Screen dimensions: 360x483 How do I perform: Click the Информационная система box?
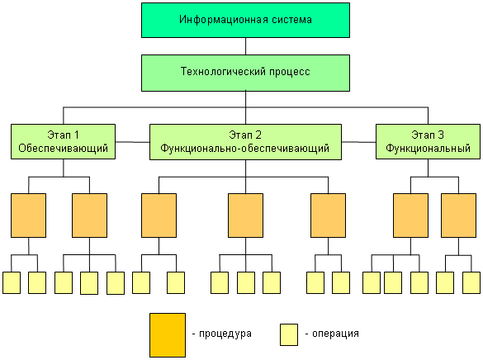click(x=244, y=20)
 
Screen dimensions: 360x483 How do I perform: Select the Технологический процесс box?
click(x=244, y=73)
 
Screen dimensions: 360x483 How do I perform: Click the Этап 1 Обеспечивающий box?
click(x=63, y=142)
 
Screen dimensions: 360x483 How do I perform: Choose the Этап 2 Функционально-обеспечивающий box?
click(x=244, y=142)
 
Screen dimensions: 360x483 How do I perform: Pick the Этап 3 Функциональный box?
click(x=428, y=142)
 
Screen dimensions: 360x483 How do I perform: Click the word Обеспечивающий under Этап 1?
click(x=63, y=149)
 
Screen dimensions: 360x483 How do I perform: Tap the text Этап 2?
click(x=244, y=135)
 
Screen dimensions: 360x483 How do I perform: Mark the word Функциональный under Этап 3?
click(x=428, y=149)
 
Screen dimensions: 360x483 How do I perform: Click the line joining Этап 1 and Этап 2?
click(x=132, y=142)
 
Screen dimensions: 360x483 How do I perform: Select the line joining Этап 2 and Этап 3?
click(x=358, y=142)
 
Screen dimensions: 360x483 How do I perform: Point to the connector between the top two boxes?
click(x=244, y=46)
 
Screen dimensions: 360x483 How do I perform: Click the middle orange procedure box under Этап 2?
click(x=245, y=216)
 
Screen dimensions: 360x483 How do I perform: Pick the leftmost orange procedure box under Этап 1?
click(x=29, y=216)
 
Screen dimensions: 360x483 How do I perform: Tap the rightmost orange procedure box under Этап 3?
click(x=458, y=216)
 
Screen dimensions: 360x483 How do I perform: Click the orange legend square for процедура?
click(x=167, y=334)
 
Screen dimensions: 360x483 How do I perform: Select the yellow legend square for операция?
click(x=289, y=334)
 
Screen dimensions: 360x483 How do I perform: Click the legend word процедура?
click(x=224, y=334)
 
